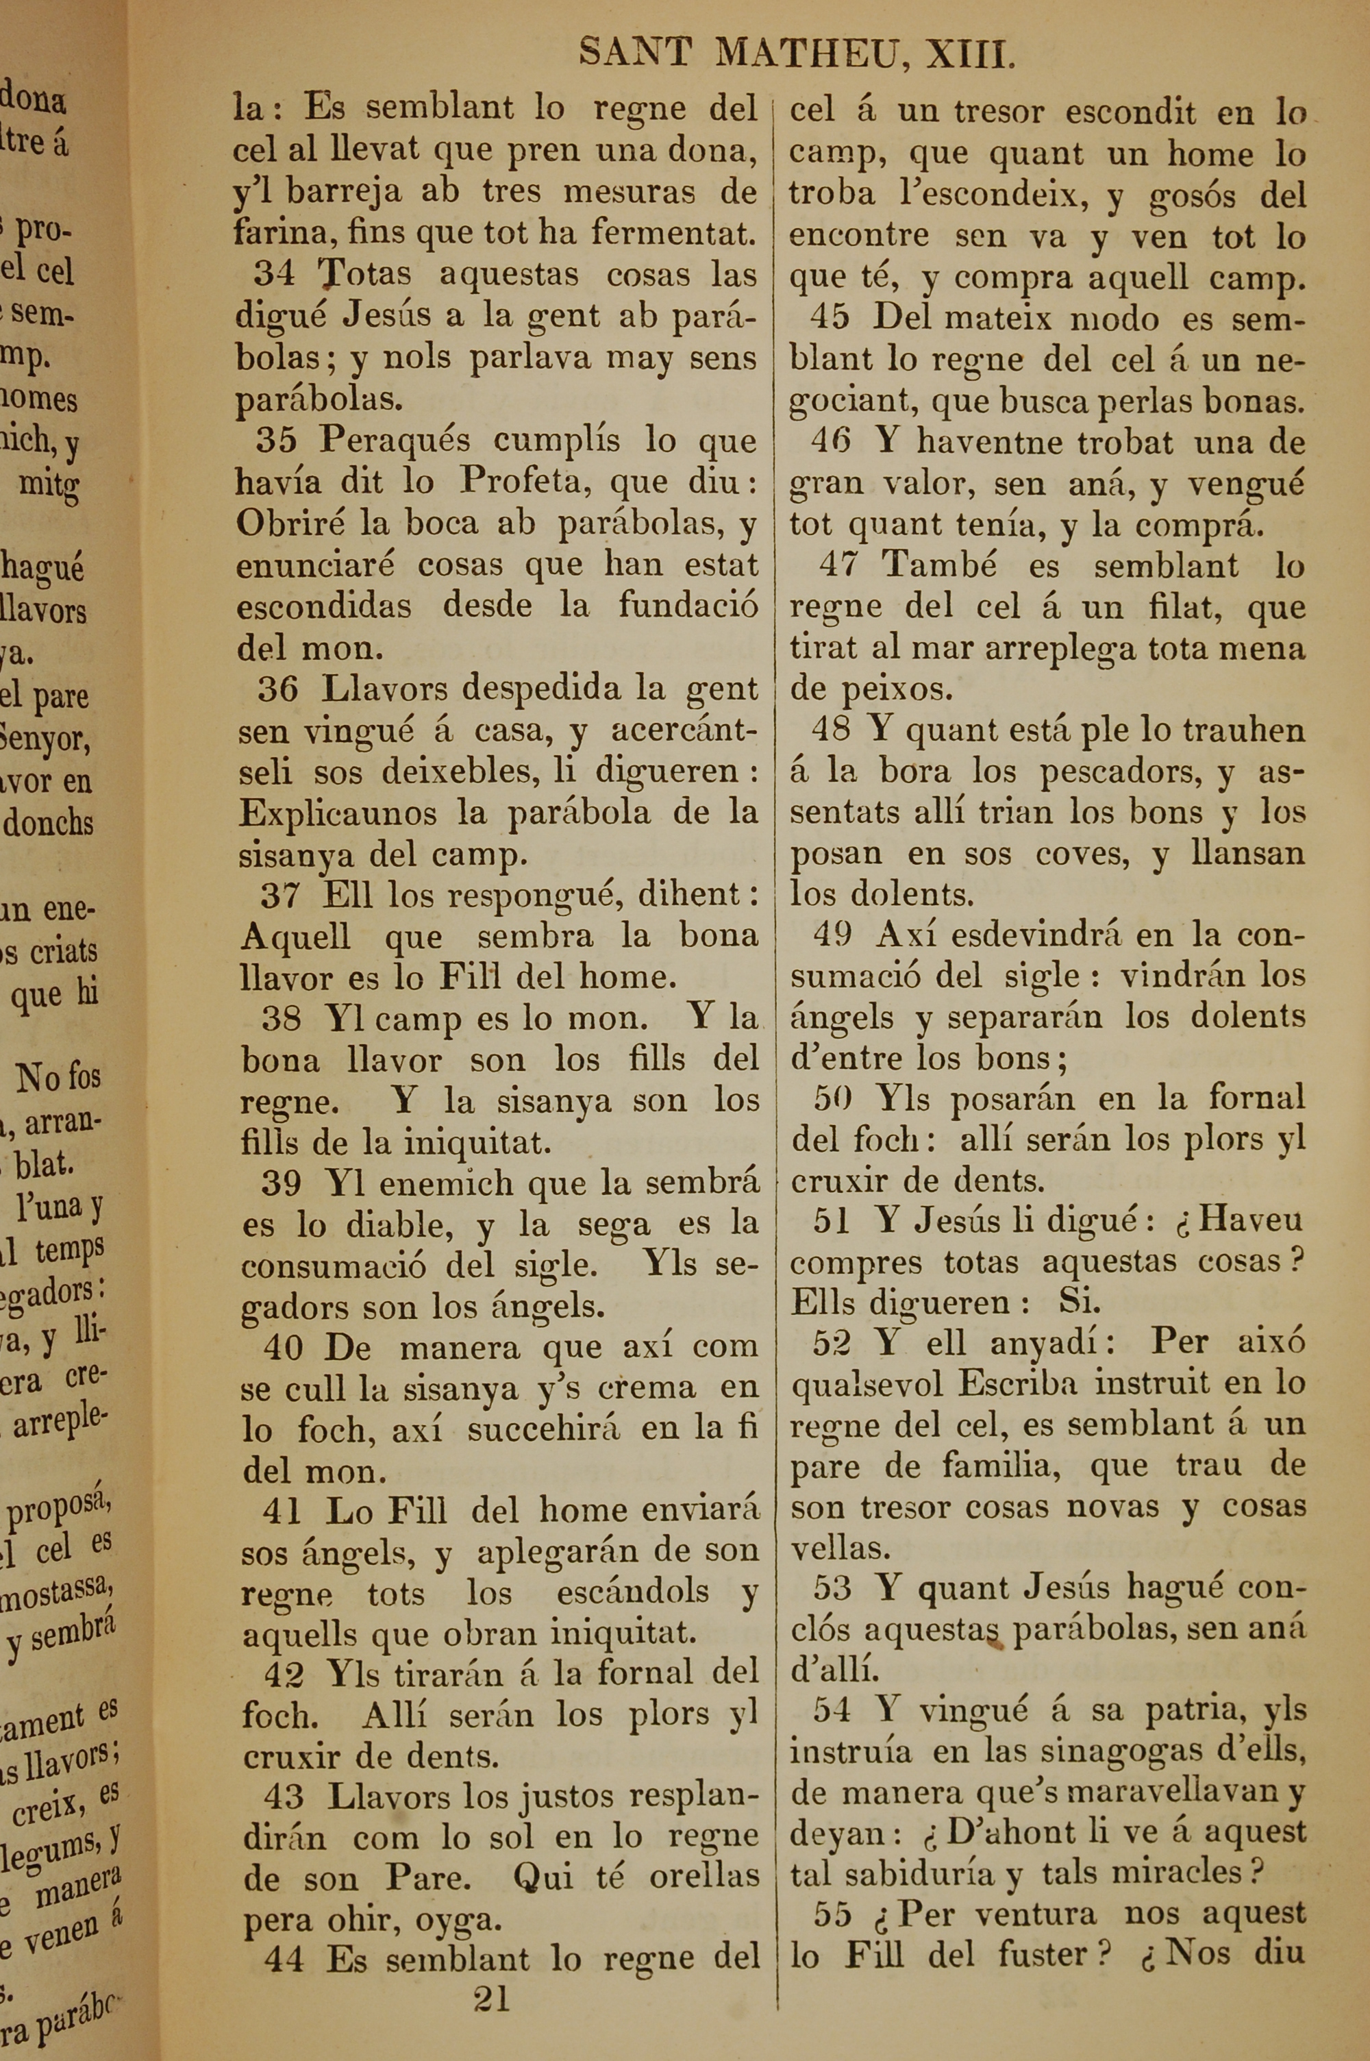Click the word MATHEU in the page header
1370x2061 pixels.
pyautogui.click(x=812, y=53)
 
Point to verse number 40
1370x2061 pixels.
pyautogui.click(x=283, y=1347)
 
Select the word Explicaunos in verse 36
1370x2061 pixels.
pyautogui.click(x=338, y=813)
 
